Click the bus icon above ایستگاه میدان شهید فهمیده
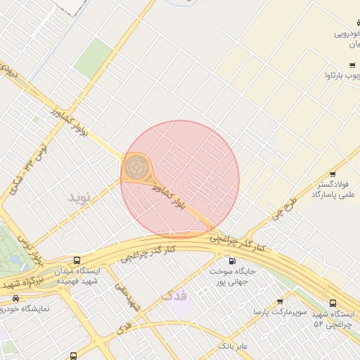click(77, 260)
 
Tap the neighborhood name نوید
click(79, 197)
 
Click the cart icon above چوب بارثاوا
click(352, 65)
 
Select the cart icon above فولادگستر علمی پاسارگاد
click(333, 174)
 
